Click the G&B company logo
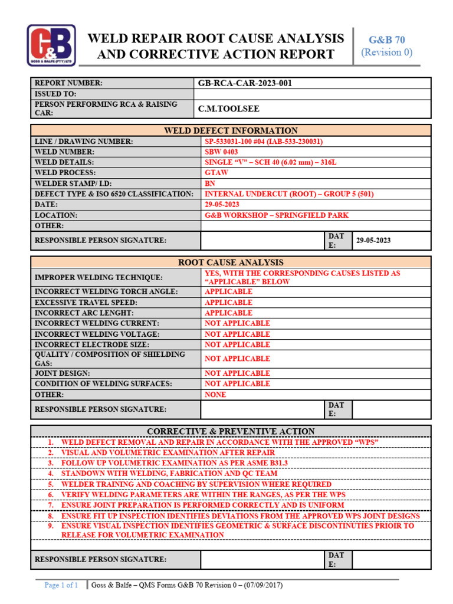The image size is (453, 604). click(x=51, y=45)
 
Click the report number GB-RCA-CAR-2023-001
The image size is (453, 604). click(x=245, y=83)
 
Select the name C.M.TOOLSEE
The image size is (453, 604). click(x=228, y=109)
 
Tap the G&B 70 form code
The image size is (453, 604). click(x=386, y=40)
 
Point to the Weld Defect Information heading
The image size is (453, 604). click(x=231, y=130)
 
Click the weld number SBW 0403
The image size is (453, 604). click(x=221, y=152)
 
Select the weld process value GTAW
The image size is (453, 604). click(x=216, y=173)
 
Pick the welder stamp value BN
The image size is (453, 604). click(x=210, y=183)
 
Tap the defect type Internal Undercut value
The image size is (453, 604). click(x=288, y=194)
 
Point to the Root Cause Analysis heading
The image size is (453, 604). click(x=231, y=262)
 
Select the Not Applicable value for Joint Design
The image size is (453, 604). click(x=237, y=373)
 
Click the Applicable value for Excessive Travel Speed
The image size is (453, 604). click(x=228, y=303)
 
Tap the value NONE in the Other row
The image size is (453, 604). click(x=215, y=395)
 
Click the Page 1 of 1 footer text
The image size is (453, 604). click(x=61, y=585)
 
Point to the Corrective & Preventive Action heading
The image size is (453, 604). click(x=231, y=431)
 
